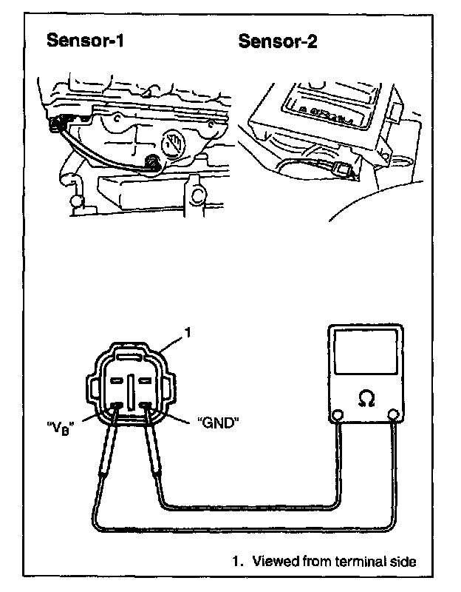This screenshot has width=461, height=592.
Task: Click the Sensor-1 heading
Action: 85,41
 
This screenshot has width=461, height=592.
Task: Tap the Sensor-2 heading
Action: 278,41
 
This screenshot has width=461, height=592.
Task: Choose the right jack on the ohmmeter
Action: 394,415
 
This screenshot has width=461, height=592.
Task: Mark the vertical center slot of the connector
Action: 131,388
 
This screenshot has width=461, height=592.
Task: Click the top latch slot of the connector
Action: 131,357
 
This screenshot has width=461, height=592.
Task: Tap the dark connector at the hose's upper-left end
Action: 55,127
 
